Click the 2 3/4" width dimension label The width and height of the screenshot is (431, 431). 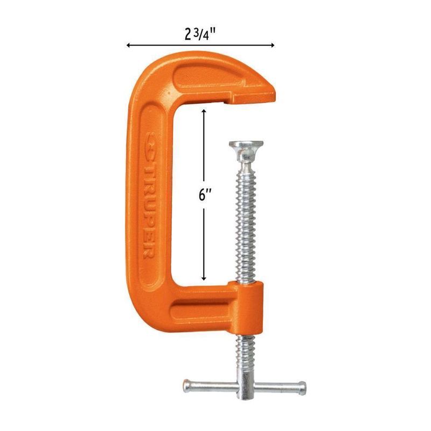tap(200, 34)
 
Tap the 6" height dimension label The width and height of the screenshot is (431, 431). tap(203, 195)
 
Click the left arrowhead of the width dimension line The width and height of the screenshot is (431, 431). tap(128, 45)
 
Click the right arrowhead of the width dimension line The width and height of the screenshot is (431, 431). tap(273, 45)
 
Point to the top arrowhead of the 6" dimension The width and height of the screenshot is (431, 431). tap(204, 112)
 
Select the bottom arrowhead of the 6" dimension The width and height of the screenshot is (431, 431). tap(204, 278)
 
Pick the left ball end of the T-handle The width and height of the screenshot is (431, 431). tap(186, 386)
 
